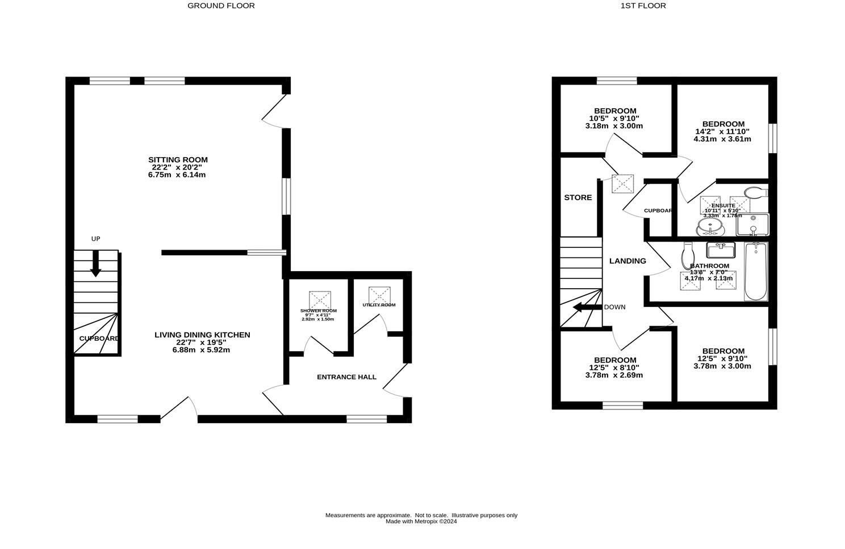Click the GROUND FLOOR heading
click(x=221, y=6)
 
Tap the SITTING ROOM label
click(x=178, y=160)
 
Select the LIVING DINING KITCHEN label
click(x=202, y=335)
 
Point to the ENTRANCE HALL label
click(x=346, y=377)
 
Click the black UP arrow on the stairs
click(x=95, y=264)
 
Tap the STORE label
click(x=578, y=198)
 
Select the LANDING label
click(x=628, y=261)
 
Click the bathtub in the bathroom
click(x=755, y=272)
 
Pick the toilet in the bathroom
click(x=688, y=257)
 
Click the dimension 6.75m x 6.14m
click(x=177, y=175)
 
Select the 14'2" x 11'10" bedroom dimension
click(x=722, y=132)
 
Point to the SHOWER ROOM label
click(x=319, y=311)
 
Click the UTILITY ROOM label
click(x=379, y=305)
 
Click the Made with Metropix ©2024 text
click(x=421, y=522)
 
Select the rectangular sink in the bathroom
click(x=721, y=250)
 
